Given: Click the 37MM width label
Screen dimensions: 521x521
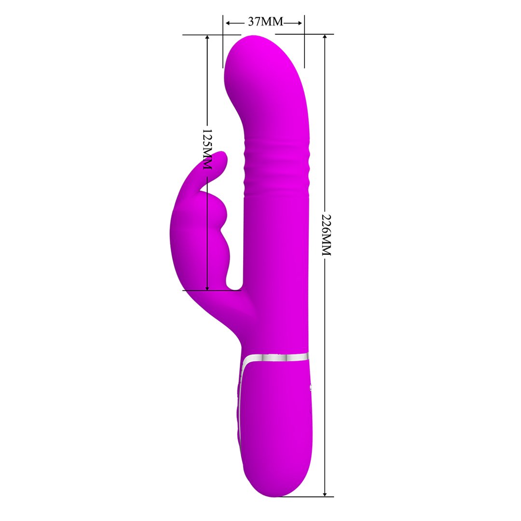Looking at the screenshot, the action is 265,22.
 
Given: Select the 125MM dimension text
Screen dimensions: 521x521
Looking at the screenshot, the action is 207,149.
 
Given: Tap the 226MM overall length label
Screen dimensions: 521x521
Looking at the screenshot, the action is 327,235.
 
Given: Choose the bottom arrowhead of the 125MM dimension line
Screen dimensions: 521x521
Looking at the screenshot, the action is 207,287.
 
